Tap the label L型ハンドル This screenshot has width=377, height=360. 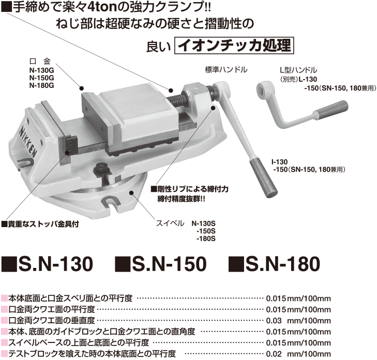(298, 70)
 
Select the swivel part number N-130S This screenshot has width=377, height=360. (203, 224)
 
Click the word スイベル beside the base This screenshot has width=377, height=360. (170, 223)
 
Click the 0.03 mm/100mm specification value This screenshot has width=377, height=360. (298, 321)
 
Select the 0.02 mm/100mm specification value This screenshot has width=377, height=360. (298, 354)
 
